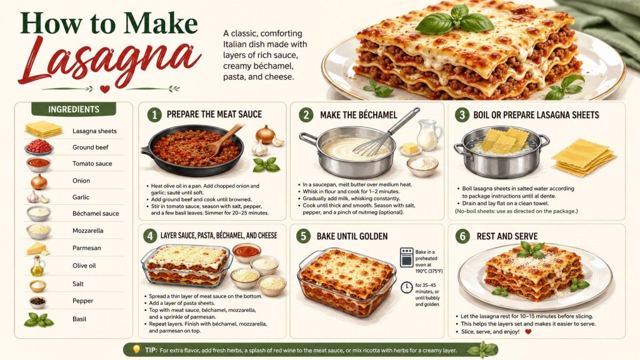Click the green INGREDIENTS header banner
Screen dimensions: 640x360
point(74,109)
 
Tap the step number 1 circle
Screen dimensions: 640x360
point(154,115)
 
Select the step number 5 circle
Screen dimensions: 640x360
point(303,236)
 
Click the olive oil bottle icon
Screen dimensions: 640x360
point(37,266)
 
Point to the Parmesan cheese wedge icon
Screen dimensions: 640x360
point(37,249)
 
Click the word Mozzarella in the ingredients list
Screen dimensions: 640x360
point(87,231)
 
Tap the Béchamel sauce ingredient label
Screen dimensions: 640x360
point(96,214)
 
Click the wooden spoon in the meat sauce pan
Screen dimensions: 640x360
point(223,140)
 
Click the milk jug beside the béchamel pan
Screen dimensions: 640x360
point(429,134)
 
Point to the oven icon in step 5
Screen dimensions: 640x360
point(406,257)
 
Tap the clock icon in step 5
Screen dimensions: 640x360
point(406,287)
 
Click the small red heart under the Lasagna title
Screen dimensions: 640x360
point(105,89)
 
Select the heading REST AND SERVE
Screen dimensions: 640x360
point(507,236)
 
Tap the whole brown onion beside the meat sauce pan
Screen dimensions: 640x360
point(265,135)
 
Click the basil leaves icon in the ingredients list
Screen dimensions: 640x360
point(39,320)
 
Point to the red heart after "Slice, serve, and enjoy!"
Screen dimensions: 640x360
point(528,331)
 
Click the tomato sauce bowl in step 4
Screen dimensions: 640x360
point(246,251)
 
